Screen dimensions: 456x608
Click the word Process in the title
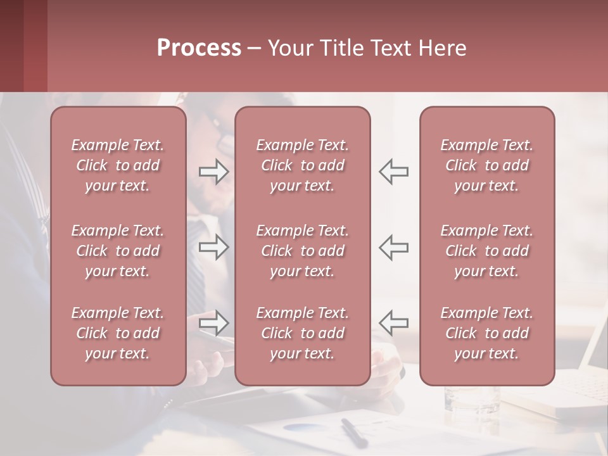pos(199,48)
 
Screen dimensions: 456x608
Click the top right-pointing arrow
pos(214,171)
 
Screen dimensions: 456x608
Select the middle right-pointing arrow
pos(214,247)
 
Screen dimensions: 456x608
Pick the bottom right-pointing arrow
pos(214,323)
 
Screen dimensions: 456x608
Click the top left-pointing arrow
pos(393,171)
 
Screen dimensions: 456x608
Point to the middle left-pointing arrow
pos(393,247)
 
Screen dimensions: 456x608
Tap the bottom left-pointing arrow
pos(393,323)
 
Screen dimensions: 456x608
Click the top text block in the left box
pos(118,165)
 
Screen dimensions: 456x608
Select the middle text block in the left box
pos(118,251)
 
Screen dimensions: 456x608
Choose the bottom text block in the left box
pos(118,333)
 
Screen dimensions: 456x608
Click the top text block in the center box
pos(303,165)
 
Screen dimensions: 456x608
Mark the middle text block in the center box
pos(303,251)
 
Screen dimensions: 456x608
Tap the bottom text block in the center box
pos(303,333)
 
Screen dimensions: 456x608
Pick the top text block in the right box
pos(487,165)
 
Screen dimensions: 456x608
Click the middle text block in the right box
pos(487,251)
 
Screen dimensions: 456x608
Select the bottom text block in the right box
pos(487,333)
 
